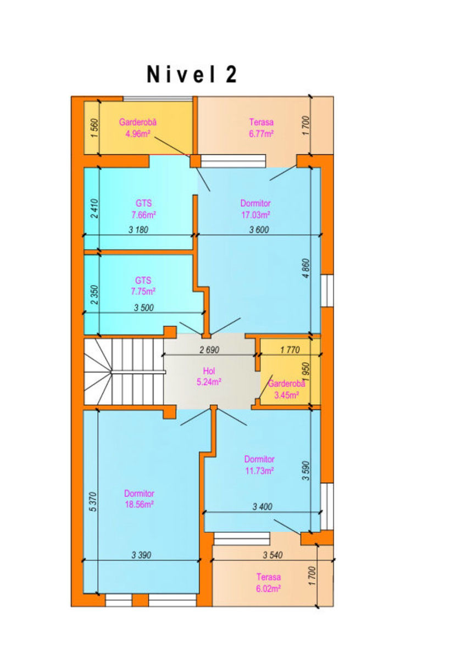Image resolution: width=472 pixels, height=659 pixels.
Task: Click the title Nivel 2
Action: pyautogui.click(x=192, y=75)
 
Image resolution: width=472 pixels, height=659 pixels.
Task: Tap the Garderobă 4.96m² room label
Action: pyautogui.click(x=137, y=128)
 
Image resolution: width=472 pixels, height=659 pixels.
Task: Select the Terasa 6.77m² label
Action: pyautogui.click(x=261, y=128)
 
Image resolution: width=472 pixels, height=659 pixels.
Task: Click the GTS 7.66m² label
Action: pyautogui.click(x=144, y=209)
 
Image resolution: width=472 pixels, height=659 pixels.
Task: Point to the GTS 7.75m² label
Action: pyautogui.click(x=143, y=286)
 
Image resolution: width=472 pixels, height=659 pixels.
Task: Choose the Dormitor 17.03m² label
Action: pyautogui.click(x=256, y=209)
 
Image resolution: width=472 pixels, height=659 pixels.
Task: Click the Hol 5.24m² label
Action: pyautogui.click(x=209, y=376)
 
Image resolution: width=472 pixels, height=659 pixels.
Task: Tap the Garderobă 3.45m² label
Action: pyautogui.click(x=286, y=389)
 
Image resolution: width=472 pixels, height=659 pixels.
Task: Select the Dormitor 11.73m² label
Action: pyautogui.click(x=259, y=465)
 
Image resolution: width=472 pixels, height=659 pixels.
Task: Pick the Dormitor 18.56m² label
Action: pyautogui.click(x=139, y=499)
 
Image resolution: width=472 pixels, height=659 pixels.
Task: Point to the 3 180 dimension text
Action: pyautogui.click(x=138, y=230)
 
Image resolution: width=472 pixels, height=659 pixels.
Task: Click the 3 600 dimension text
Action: pyautogui.click(x=259, y=230)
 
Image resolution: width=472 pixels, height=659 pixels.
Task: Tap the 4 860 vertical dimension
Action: pyautogui.click(x=306, y=269)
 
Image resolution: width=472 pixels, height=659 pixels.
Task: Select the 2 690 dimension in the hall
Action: pyautogui.click(x=209, y=350)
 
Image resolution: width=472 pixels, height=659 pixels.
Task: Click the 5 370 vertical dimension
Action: pyautogui.click(x=93, y=502)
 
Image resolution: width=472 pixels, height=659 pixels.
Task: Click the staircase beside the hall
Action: pyautogui.click(x=124, y=372)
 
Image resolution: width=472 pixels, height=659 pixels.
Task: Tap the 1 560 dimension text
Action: pyautogui.click(x=95, y=129)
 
